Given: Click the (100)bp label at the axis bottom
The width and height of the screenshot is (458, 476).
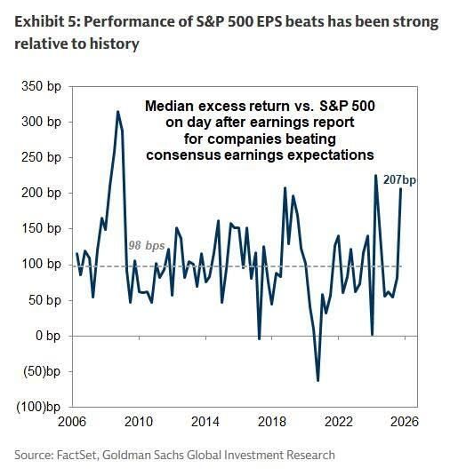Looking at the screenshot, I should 38,407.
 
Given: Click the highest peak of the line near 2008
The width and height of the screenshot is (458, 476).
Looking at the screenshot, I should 117,112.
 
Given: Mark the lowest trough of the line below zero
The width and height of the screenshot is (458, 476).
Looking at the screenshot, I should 318,380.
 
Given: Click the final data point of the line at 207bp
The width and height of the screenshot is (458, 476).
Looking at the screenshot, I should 401,188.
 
